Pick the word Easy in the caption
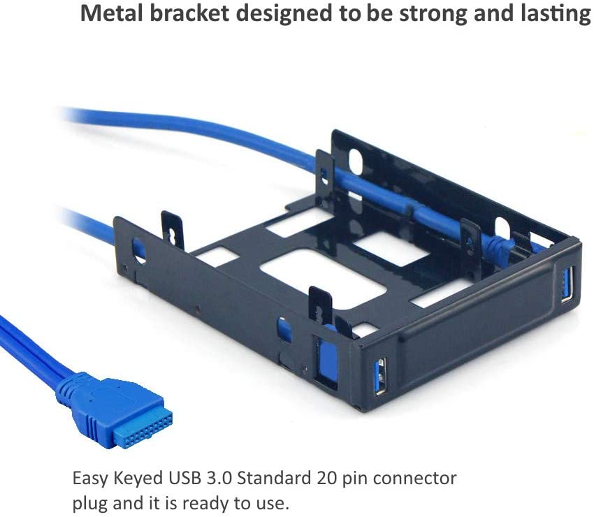(x=92, y=479)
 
